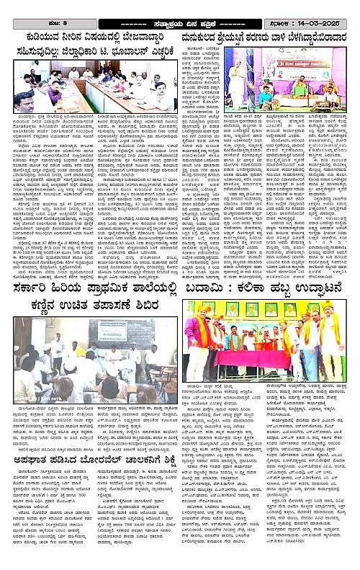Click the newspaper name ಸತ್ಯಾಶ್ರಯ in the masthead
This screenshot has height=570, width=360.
pos(141,6)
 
